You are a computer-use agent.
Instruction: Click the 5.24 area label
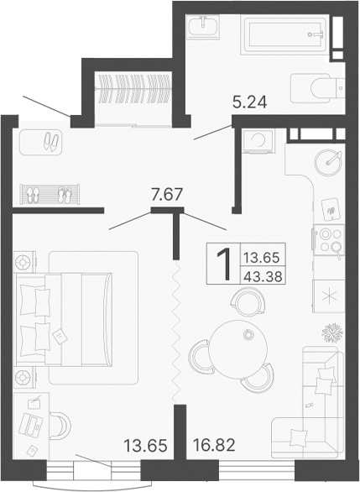point(249,104)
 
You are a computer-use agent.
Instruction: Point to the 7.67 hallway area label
point(166,196)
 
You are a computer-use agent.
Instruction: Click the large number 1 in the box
point(223,265)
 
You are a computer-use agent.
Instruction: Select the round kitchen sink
point(328,160)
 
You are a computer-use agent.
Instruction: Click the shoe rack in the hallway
point(50,194)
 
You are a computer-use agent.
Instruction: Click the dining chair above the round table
point(246,300)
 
